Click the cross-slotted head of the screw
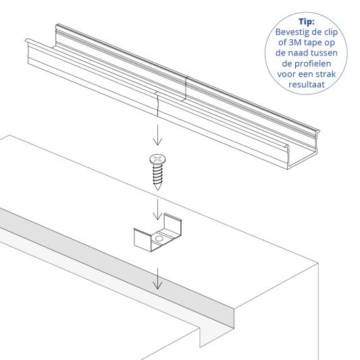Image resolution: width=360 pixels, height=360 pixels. [x=157, y=160]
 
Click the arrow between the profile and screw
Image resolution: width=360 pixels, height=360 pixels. [x=157, y=136]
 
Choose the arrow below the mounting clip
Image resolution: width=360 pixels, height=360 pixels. [x=157, y=279]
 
